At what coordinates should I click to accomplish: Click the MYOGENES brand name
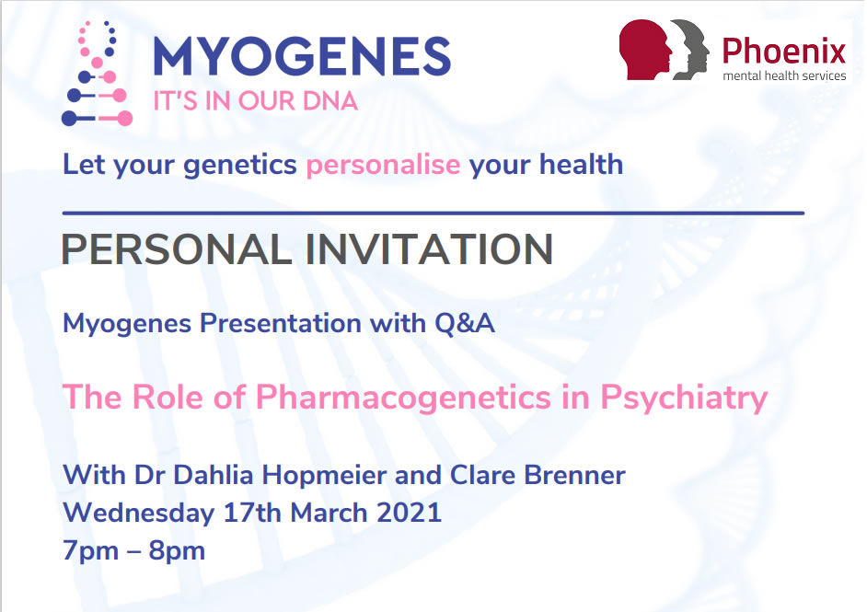coord(302,56)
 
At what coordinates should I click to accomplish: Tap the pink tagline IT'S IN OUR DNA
coord(256,101)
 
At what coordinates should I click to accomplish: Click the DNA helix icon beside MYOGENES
coord(97,74)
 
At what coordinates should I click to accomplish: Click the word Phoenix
coord(784,51)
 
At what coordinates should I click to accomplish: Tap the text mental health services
coord(784,75)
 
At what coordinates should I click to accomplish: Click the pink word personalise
coord(383,165)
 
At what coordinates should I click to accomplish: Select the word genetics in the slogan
coord(240,165)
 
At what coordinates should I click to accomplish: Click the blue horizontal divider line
coord(433,213)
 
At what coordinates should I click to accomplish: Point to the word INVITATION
coord(429,248)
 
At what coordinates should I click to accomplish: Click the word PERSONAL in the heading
coord(177,248)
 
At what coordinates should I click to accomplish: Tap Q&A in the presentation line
coord(465,323)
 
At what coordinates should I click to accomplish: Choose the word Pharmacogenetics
coord(403,397)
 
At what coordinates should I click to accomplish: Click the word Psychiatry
coord(684,397)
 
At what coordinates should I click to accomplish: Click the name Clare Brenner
coord(538,475)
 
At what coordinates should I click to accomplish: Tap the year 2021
coord(409,513)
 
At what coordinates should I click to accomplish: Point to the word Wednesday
coord(138,513)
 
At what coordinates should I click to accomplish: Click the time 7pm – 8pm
coord(133,550)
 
